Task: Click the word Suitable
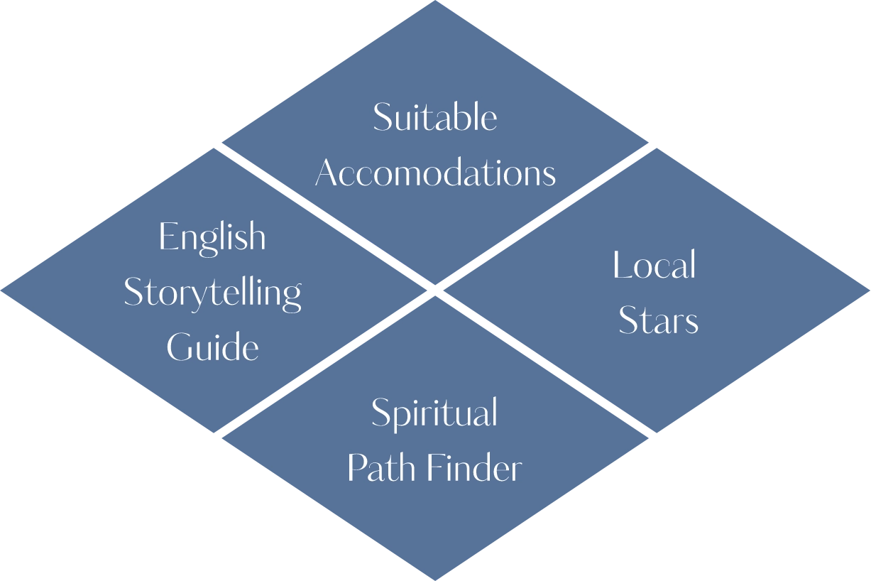434,117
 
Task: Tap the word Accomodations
435,173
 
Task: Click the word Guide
212,348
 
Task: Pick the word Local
654,266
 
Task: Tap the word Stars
658,321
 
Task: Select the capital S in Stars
628,322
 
